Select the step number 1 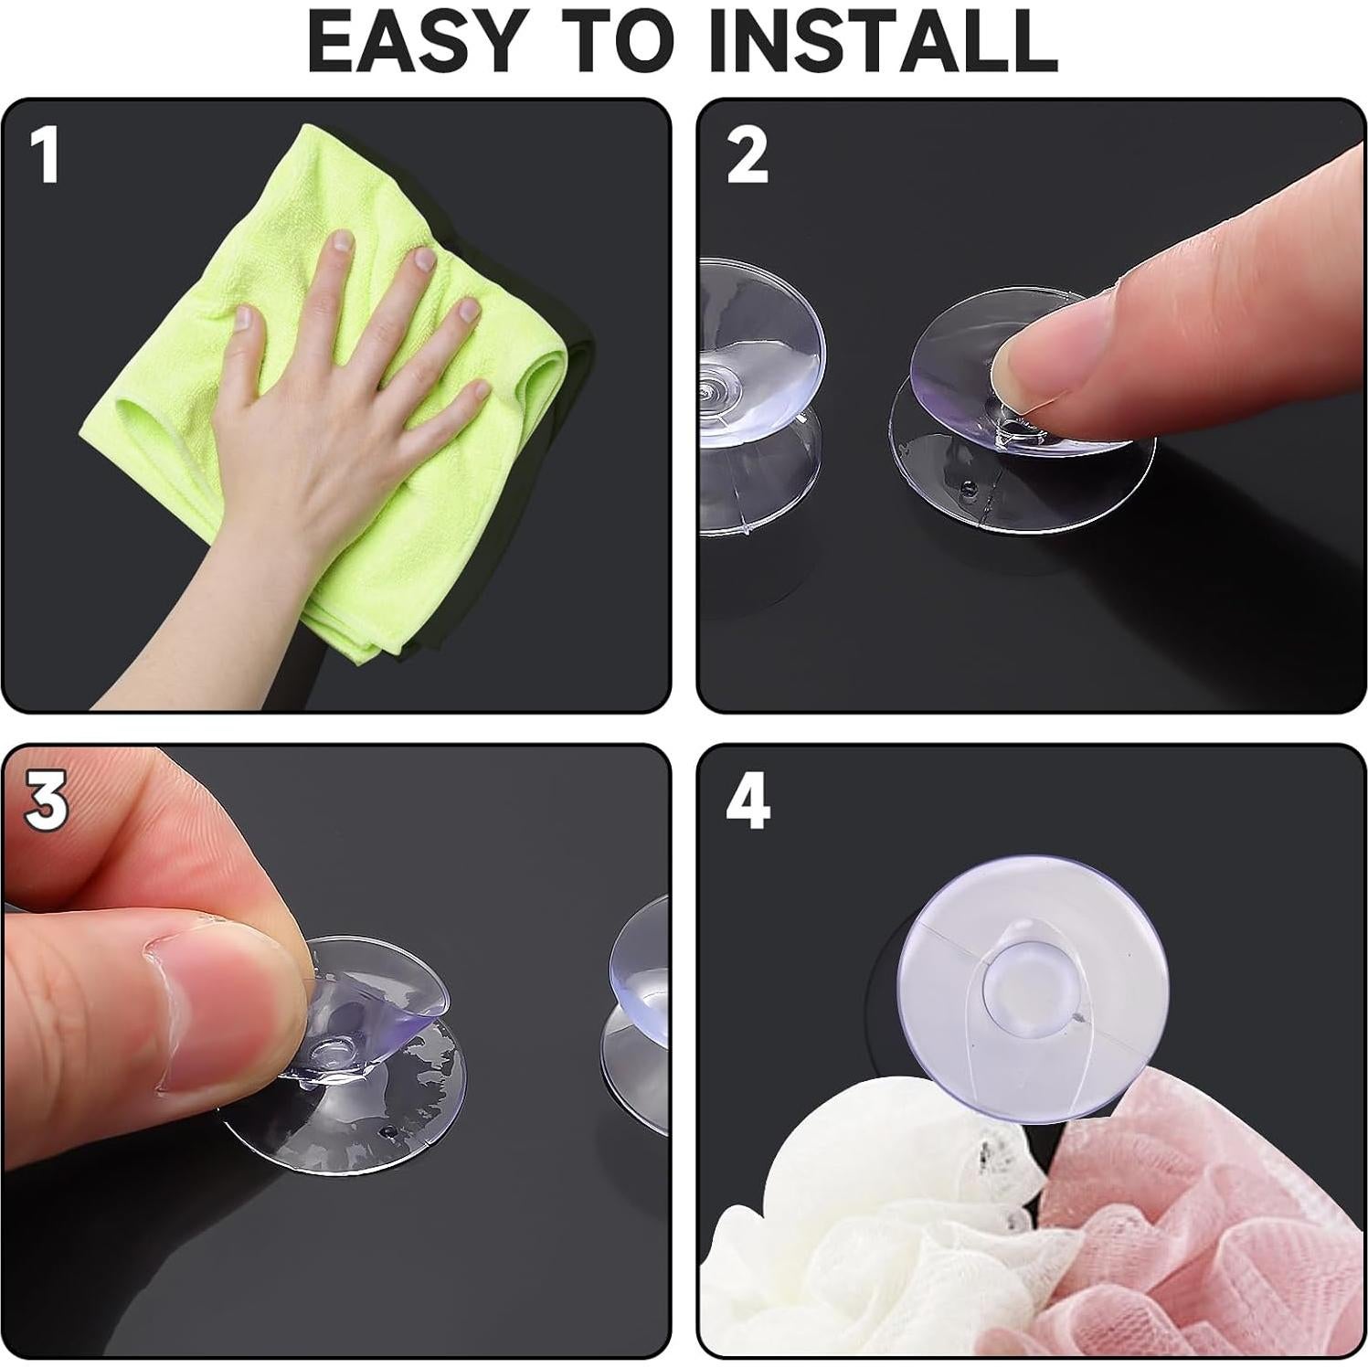46,155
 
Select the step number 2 747,155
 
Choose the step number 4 747,801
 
